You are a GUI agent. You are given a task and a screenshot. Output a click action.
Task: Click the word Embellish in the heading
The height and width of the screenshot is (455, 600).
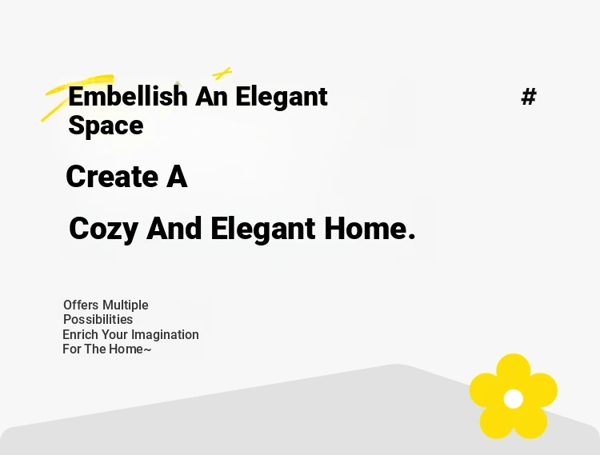128,96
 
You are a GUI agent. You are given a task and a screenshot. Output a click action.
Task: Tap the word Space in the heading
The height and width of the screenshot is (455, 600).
106,126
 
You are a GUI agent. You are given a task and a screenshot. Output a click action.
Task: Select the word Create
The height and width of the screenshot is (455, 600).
112,176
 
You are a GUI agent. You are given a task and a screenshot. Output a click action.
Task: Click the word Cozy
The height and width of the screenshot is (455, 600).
103,229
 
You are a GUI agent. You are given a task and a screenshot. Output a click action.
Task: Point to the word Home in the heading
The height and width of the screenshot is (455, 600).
365,229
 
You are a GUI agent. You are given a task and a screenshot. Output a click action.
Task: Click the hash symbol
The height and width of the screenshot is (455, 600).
529,97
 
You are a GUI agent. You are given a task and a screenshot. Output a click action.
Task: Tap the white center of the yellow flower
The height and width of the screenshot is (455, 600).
513,399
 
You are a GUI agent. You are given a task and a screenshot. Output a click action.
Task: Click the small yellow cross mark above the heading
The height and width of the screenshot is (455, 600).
222,73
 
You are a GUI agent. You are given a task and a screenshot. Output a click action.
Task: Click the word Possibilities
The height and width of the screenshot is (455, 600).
98,319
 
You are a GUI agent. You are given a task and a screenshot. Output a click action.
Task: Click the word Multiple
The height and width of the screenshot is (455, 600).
125,305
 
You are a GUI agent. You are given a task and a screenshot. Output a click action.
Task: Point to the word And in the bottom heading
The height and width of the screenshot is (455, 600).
174,229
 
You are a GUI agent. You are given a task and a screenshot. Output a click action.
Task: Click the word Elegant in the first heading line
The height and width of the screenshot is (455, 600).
282,97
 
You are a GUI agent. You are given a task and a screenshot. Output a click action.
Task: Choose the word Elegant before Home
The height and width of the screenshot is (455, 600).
263,229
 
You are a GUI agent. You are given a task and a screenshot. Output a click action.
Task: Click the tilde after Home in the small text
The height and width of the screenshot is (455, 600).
147,349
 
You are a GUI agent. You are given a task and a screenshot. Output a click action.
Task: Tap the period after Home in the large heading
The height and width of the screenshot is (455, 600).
412,236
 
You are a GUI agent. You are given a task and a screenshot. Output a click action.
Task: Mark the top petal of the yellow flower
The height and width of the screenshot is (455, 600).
513,369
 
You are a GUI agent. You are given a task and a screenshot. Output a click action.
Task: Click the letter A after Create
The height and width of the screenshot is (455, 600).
177,177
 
